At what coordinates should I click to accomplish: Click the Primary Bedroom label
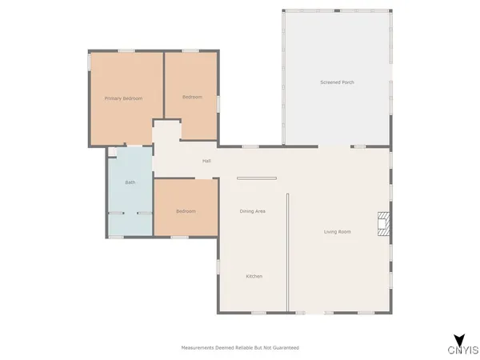123,98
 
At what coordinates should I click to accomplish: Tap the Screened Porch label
337,82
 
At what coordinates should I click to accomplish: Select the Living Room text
338,232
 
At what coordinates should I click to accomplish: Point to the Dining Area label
253,211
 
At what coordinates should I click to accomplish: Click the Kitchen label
254,276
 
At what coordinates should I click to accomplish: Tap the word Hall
206,161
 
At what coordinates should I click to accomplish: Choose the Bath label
130,182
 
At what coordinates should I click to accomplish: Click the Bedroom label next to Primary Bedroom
192,97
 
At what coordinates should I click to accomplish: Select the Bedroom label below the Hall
186,211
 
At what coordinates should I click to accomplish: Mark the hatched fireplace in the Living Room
385,223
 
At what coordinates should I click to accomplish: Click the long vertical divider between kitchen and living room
287,252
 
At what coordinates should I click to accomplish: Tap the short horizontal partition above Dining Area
256,178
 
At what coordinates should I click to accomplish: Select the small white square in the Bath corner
113,151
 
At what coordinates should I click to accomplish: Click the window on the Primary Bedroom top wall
126,51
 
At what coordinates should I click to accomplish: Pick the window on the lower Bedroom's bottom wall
180,237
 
